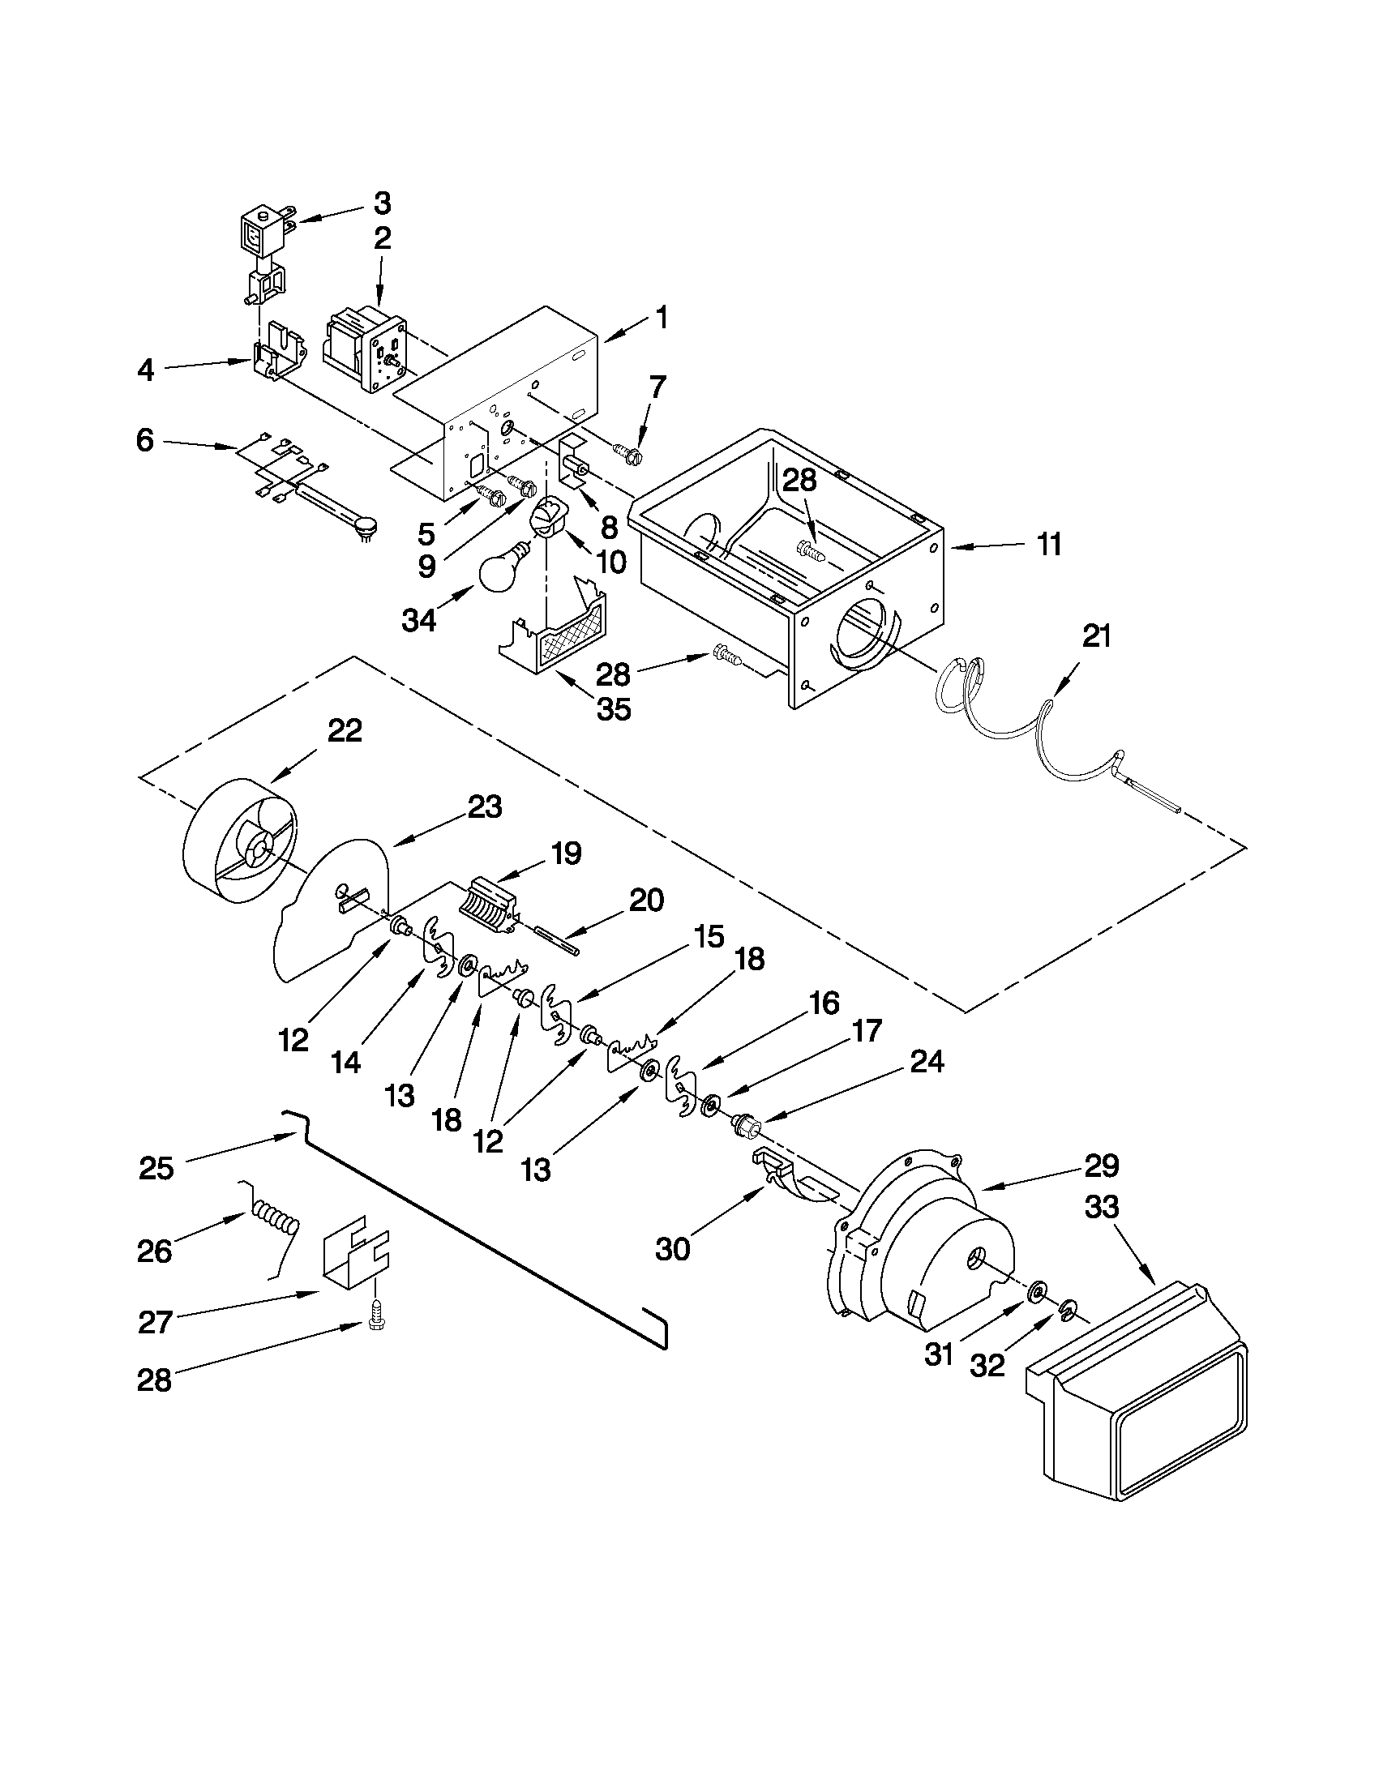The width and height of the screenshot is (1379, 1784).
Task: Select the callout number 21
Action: coord(1096,635)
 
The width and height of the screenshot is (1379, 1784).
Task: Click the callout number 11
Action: coord(1049,543)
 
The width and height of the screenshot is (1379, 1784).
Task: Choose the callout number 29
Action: coord(1100,1166)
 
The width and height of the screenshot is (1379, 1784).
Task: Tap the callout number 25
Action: coord(156,1169)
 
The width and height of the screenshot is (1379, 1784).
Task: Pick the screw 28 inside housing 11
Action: coord(812,551)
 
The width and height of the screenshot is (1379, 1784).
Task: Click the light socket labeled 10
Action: coord(548,518)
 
